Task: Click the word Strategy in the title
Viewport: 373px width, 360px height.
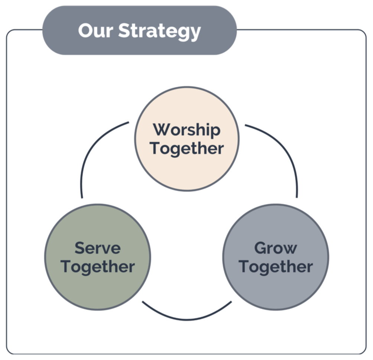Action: click(x=160, y=32)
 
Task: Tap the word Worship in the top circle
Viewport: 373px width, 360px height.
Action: click(x=186, y=130)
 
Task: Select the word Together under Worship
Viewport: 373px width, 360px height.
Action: click(x=186, y=148)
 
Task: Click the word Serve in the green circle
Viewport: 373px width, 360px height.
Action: click(x=97, y=248)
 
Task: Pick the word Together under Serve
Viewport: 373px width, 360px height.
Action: click(x=97, y=266)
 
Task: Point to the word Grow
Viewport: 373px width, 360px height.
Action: click(x=275, y=248)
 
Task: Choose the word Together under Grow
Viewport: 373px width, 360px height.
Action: click(x=275, y=266)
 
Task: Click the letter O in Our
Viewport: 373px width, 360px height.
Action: click(x=86, y=31)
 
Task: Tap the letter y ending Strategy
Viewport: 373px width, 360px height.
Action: click(x=195, y=33)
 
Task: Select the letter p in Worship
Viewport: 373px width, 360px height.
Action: click(x=215, y=132)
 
